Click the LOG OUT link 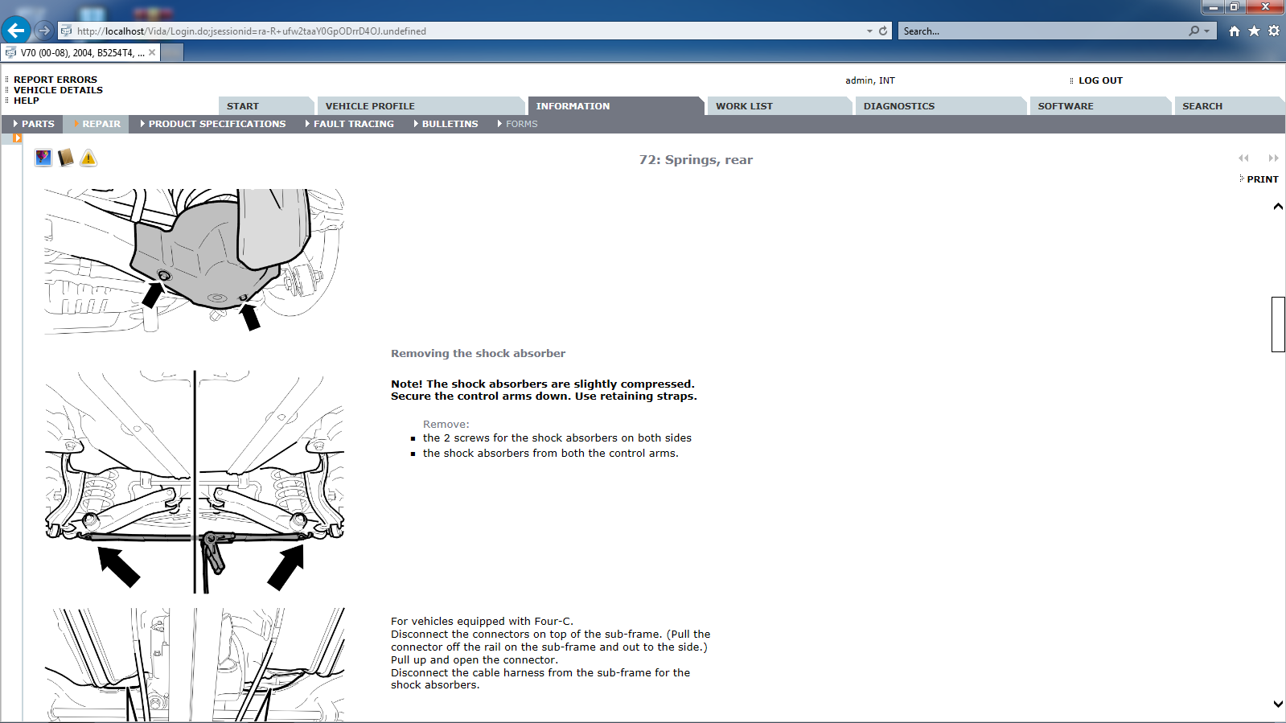click(1100, 80)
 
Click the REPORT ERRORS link click(55, 80)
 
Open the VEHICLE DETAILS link click(58, 90)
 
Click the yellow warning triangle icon click(88, 158)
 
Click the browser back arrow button click(17, 31)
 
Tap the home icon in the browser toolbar click(1235, 31)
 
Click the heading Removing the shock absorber click(479, 354)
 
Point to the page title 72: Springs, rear click(696, 160)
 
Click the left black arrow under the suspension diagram click(118, 566)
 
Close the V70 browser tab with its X click(151, 53)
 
